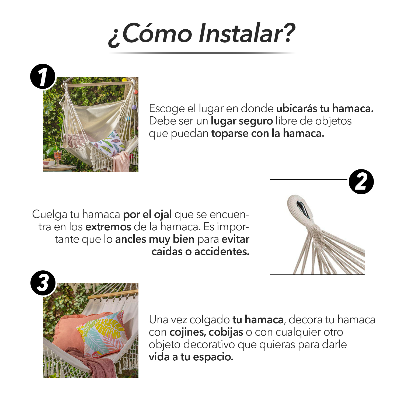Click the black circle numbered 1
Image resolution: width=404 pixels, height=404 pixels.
(x=43, y=77)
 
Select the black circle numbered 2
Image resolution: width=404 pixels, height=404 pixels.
(x=361, y=182)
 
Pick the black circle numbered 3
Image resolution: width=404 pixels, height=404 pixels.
(x=43, y=283)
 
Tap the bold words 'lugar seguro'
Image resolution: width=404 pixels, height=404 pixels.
(x=242, y=121)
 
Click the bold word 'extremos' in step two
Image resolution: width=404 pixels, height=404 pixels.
(x=108, y=227)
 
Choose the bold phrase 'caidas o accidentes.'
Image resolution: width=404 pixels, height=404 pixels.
(x=200, y=252)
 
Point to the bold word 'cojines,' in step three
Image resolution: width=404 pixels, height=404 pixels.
(x=188, y=332)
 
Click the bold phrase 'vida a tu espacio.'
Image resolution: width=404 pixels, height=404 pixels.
(x=191, y=357)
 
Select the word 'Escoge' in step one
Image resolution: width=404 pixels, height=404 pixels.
(x=167, y=109)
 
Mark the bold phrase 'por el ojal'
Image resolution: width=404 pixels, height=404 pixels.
(x=147, y=215)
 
